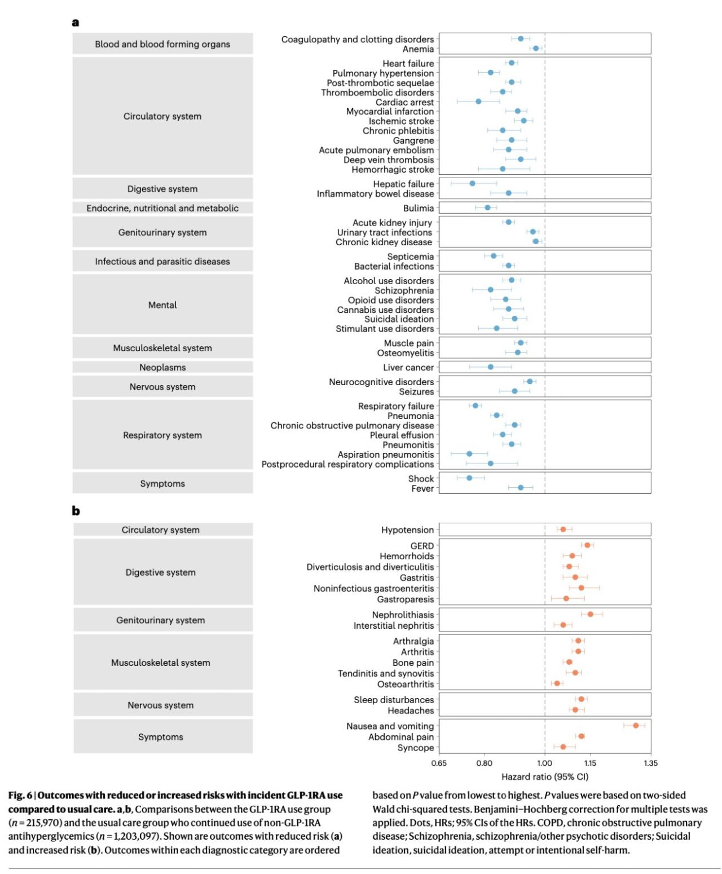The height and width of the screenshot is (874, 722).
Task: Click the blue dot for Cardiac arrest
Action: point(478,101)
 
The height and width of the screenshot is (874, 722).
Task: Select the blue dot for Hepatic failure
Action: point(472,183)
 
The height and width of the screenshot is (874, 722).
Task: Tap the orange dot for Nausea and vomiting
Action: point(636,725)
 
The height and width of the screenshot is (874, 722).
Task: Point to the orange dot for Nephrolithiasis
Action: point(590,614)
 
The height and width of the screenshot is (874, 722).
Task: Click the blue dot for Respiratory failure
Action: point(475,405)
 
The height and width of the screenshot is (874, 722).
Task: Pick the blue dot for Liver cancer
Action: point(490,367)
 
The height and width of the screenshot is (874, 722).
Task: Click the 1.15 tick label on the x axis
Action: point(590,763)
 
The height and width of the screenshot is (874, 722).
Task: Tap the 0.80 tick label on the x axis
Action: point(484,763)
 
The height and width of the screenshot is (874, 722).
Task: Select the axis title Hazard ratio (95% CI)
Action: point(544,776)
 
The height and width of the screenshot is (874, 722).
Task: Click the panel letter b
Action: point(76,511)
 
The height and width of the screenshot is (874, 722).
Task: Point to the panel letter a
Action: point(76,23)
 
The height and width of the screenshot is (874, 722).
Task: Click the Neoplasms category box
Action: point(162,368)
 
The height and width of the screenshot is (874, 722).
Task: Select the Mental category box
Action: point(162,305)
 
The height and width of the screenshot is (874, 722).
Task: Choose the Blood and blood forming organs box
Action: point(162,44)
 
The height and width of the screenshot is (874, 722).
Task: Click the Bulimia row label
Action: point(419,208)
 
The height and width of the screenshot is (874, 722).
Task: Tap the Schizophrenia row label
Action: point(404,290)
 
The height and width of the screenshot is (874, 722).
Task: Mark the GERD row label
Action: point(422,546)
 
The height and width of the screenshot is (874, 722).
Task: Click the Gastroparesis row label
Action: point(406,599)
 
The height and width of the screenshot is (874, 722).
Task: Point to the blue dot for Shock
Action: point(469,478)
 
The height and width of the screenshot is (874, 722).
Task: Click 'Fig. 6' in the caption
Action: point(20,796)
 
